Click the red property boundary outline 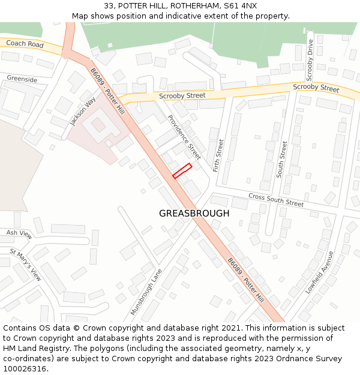pos(182,171)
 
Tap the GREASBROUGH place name pos(194,214)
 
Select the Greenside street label pos(22,79)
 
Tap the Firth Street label pos(218,155)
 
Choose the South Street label pos(281,158)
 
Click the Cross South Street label pos(276,200)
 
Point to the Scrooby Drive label pos(310,60)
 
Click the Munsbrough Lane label pos(146,292)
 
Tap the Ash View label pos(19,233)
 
